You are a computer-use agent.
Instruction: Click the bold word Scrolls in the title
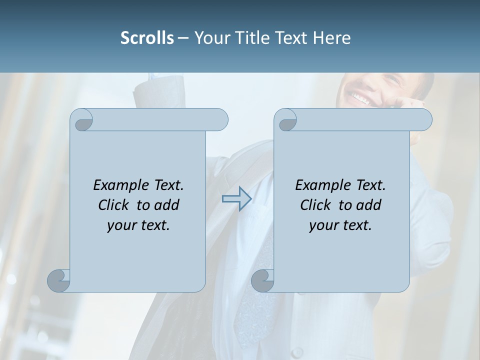click(x=147, y=37)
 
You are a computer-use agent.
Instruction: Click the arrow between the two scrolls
click(x=236, y=199)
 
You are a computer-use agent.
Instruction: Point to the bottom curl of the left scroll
click(x=59, y=280)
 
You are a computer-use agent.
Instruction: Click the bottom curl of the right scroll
click(x=263, y=280)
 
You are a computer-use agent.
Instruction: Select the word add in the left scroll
click(x=167, y=205)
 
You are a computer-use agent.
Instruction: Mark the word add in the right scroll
click(x=369, y=205)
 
